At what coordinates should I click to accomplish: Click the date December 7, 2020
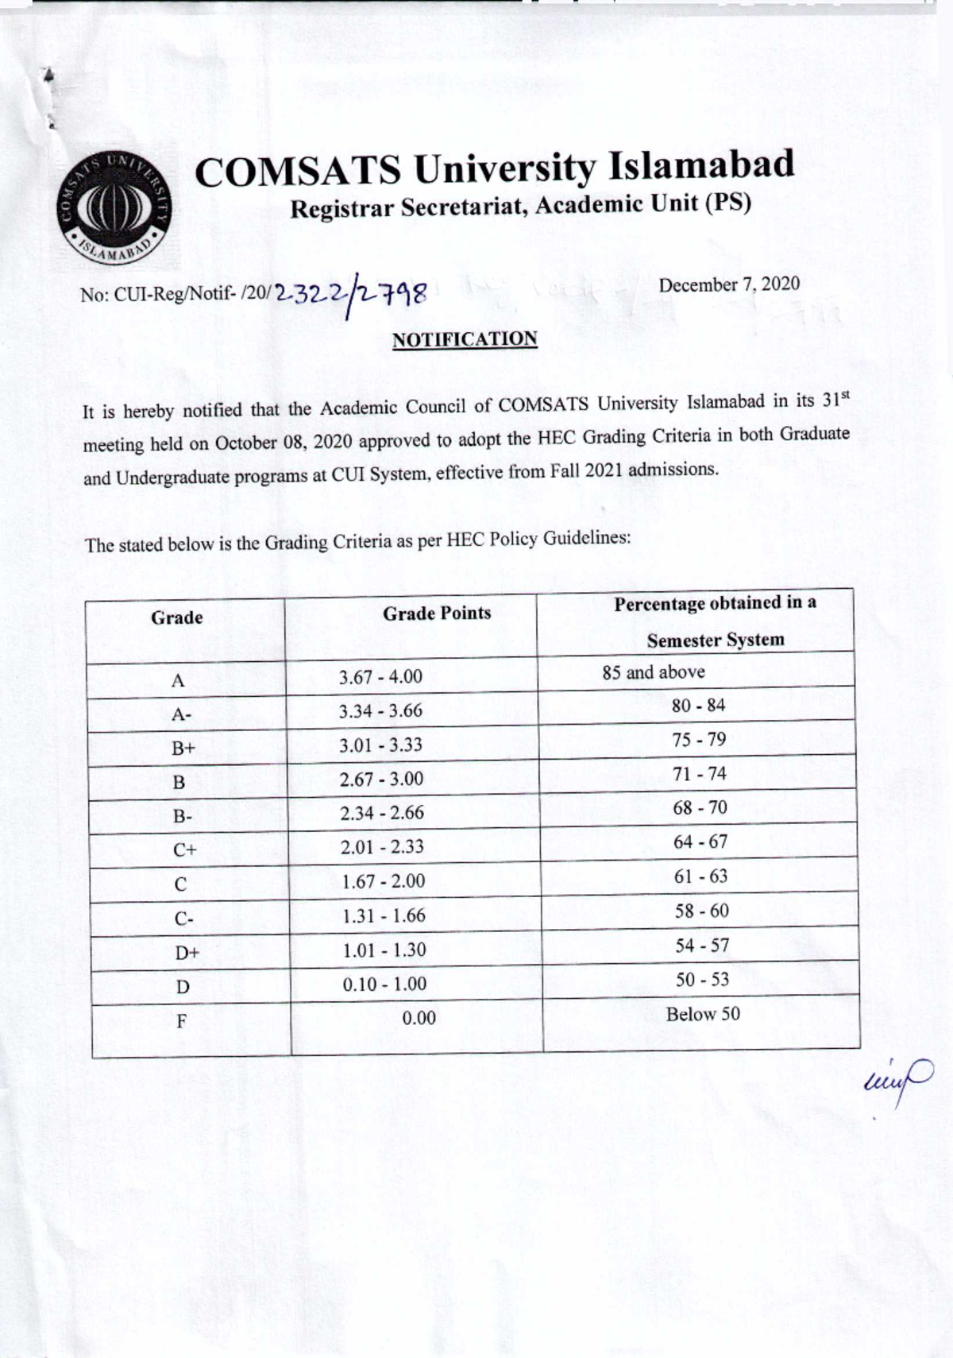[x=729, y=284]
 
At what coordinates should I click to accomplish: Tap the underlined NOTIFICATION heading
[x=465, y=339]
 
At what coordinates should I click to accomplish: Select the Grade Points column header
[x=437, y=613]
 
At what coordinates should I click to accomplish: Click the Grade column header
[x=176, y=617]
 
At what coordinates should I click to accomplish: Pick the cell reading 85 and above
[x=653, y=672]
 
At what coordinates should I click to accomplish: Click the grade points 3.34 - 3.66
[x=380, y=711]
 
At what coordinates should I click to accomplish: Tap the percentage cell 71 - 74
[x=699, y=774]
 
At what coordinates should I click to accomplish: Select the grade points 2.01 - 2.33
[x=382, y=847]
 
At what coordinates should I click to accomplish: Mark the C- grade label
[x=183, y=919]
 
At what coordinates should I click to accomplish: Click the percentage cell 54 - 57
[x=701, y=946]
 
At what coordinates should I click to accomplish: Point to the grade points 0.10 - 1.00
[x=384, y=985]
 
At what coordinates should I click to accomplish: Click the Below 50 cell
[x=703, y=1015]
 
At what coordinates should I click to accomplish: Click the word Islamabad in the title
[x=701, y=165]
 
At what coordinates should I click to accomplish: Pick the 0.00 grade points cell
[x=419, y=1019]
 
